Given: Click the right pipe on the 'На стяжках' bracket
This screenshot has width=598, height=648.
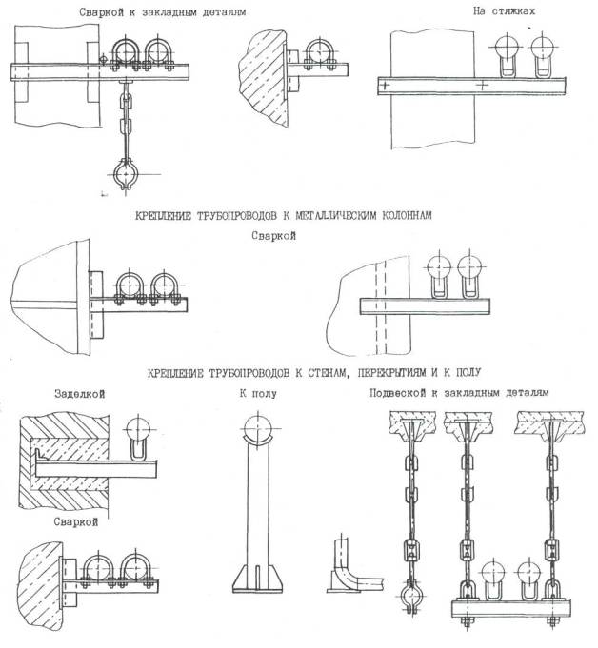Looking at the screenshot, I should click(543, 47).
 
